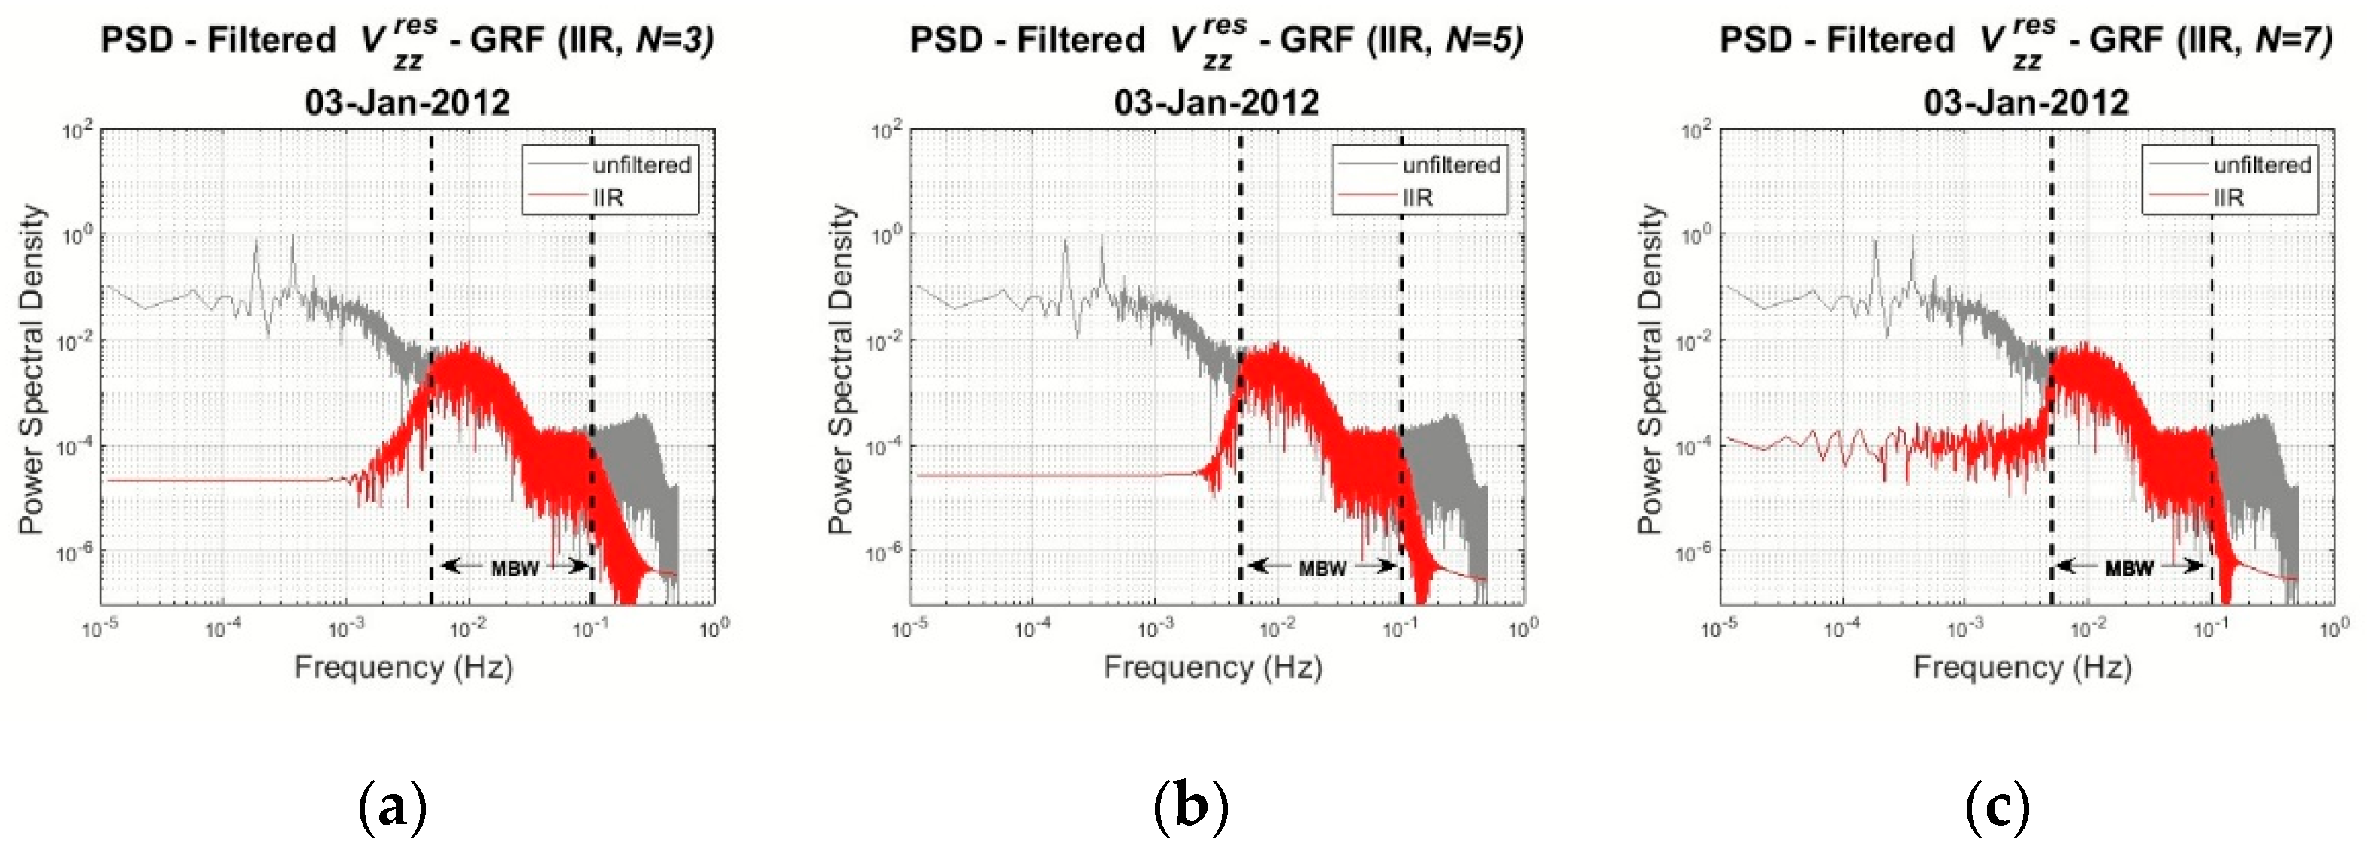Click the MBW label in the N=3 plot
pyautogui.click(x=514, y=568)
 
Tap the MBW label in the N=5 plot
pyautogui.click(x=1322, y=568)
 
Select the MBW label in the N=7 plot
pyautogui.click(x=2129, y=568)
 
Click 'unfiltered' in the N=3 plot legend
pyautogui.click(x=641, y=165)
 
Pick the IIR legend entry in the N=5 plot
pyautogui.click(x=1417, y=197)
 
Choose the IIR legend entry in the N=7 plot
pyautogui.click(x=2228, y=197)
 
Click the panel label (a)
pyautogui.click(x=392, y=806)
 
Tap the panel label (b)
pyautogui.click(x=1191, y=806)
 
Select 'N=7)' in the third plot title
pyautogui.click(x=2293, y=40)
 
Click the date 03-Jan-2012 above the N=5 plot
pyautogui.click(x=1217, y=101)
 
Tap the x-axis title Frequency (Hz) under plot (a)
pyautogui.click(x=403, y=667)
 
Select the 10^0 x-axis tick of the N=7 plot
pyautogui.click(x=2334, y=629)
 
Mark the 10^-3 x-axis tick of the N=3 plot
pyautogui.click(x=345, y=629)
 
